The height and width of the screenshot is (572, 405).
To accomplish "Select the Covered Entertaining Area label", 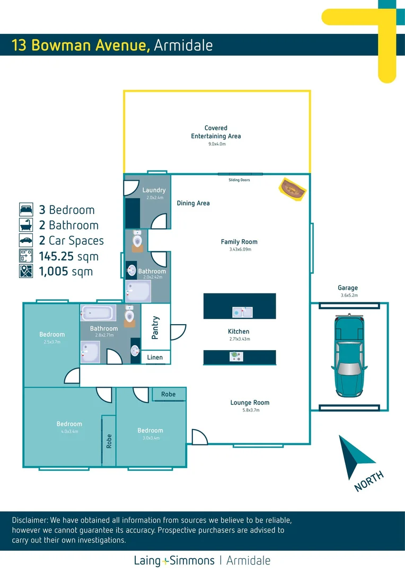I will click(216, 132).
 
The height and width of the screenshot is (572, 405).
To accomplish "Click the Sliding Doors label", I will click(239, 180).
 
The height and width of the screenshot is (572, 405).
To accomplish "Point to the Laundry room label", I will click(154, 190).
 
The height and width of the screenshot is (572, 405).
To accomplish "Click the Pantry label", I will click(155, 327).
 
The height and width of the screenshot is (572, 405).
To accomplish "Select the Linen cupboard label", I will click(155, 358).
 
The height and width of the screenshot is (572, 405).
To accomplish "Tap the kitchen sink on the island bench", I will click(243, 312).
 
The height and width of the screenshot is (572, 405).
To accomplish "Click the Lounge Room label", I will click(250, 403).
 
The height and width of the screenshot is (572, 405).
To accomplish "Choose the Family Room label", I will click(239, 242).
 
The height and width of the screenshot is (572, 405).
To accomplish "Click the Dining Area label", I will click(193, 203).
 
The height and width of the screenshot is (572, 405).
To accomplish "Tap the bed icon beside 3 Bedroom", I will click(26, 209).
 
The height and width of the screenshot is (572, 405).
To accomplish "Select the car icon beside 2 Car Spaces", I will click(26, 240).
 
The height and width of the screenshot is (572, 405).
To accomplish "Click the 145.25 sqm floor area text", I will click(68, 256).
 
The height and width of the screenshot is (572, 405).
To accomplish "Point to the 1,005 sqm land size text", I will click(66, 272).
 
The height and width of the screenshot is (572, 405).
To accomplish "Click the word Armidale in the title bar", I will click(183, 46).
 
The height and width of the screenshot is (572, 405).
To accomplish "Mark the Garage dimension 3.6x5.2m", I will click(349, 296).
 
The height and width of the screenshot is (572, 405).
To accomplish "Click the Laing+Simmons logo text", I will click(174, 560).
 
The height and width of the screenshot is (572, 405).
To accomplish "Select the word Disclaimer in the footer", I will click(29, 520).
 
